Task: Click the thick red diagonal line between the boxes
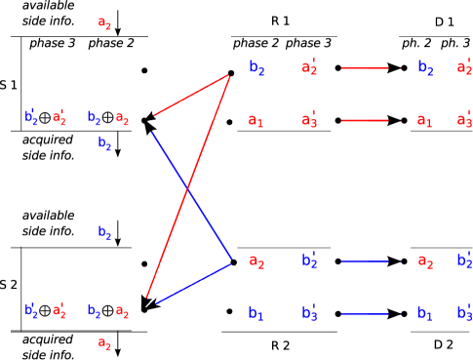tap(188, 185)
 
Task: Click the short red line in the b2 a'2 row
tap(365, 68)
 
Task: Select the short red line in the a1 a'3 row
tap(365, 121)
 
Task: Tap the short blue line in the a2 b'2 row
tap(365, 260)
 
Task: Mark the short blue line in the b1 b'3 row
tap(365, 313)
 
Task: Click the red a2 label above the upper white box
tap(104, 23)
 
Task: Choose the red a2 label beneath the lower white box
tap(104, 343)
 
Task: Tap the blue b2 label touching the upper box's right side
tap(256, 67)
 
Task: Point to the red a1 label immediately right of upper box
tap(256, 121)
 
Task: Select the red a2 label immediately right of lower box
tap(256, 260)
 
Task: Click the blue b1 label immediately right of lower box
tap(256, 313)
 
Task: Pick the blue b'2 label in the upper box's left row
tap(30, 118)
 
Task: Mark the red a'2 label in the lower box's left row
tap(59, 311)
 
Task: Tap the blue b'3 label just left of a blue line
tap(308, 313)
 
